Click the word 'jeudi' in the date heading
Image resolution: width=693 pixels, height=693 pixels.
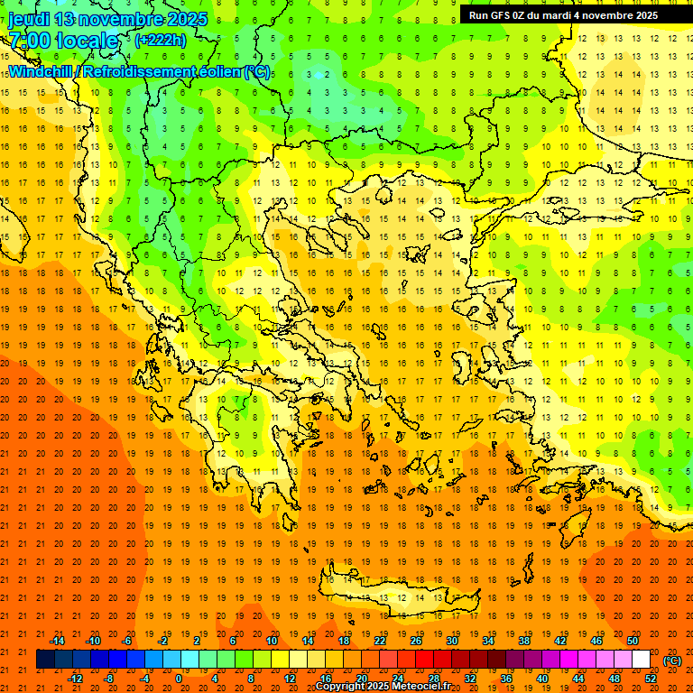tap(27, 19)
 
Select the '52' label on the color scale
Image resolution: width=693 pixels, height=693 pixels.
tap(651, 679)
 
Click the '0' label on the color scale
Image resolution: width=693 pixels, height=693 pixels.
tap(178, 679)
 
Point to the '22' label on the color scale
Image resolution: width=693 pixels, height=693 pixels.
tap(380, 640)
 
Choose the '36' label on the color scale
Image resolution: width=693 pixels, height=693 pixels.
tap(505, 679)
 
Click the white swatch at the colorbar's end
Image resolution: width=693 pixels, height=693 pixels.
tap(641, 660)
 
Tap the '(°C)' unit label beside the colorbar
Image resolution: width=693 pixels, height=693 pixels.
tap(671, 661)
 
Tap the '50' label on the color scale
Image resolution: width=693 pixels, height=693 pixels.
tap(633, 640)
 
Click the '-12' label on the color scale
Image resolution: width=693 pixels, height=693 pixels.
tap(75, 679)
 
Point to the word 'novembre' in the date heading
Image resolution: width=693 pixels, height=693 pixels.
tap(120, 19)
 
